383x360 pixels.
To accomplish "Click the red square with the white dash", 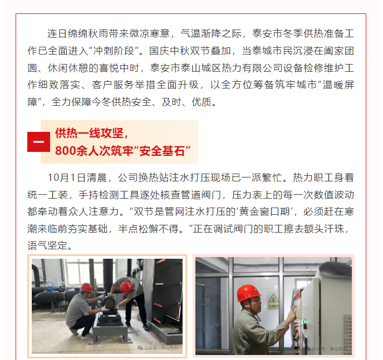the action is [x=38, y=142].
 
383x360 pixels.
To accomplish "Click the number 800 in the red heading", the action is [x=65, y=151].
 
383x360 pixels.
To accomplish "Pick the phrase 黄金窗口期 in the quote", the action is [x=264, y=211].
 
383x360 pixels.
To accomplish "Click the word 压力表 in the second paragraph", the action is [x=247, y=195].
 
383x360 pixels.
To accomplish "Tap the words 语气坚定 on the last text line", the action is [x=47, y=245].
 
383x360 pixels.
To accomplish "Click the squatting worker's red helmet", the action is [x=87, y=288].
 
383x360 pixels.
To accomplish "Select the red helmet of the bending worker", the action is [x=126, y=287].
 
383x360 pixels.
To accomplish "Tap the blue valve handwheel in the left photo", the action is [x=50, y=287].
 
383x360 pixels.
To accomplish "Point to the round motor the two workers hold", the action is [x=109, y=303].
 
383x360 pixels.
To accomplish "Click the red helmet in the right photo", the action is [x=248, y=293].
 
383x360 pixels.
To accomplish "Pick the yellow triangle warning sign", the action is [x=273, y=298].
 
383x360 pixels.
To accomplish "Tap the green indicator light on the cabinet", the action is [x=303, y=324].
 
